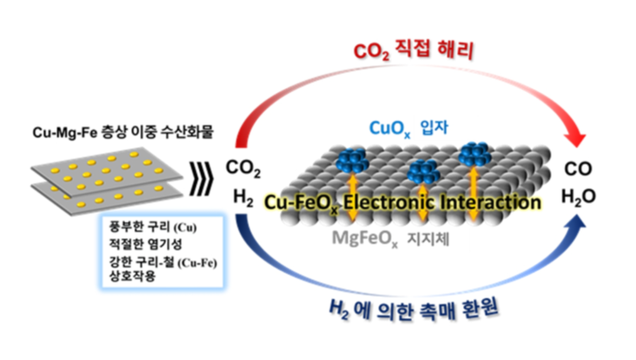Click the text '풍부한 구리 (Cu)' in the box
pyautogui.click(x=147, y=225)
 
